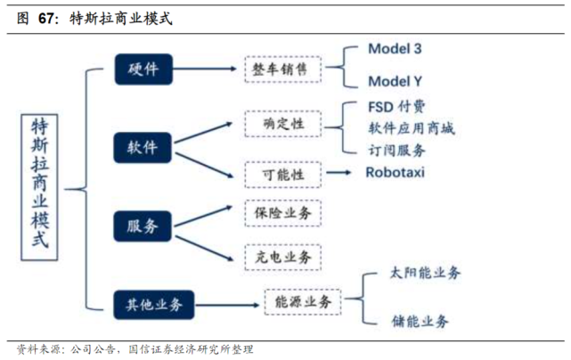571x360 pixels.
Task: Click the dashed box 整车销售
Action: point(282,69)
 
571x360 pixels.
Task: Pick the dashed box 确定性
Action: point(282,124)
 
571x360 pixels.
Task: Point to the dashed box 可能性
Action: point(282,171)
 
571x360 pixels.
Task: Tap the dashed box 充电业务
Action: point(282,257)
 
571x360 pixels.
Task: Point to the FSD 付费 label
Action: point(399,108)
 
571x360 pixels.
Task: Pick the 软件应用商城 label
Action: point(411,129)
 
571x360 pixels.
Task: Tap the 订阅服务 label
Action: point(396,150)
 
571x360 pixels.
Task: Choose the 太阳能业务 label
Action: point(426,274)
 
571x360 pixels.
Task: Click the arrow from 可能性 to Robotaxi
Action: point(341,171)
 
